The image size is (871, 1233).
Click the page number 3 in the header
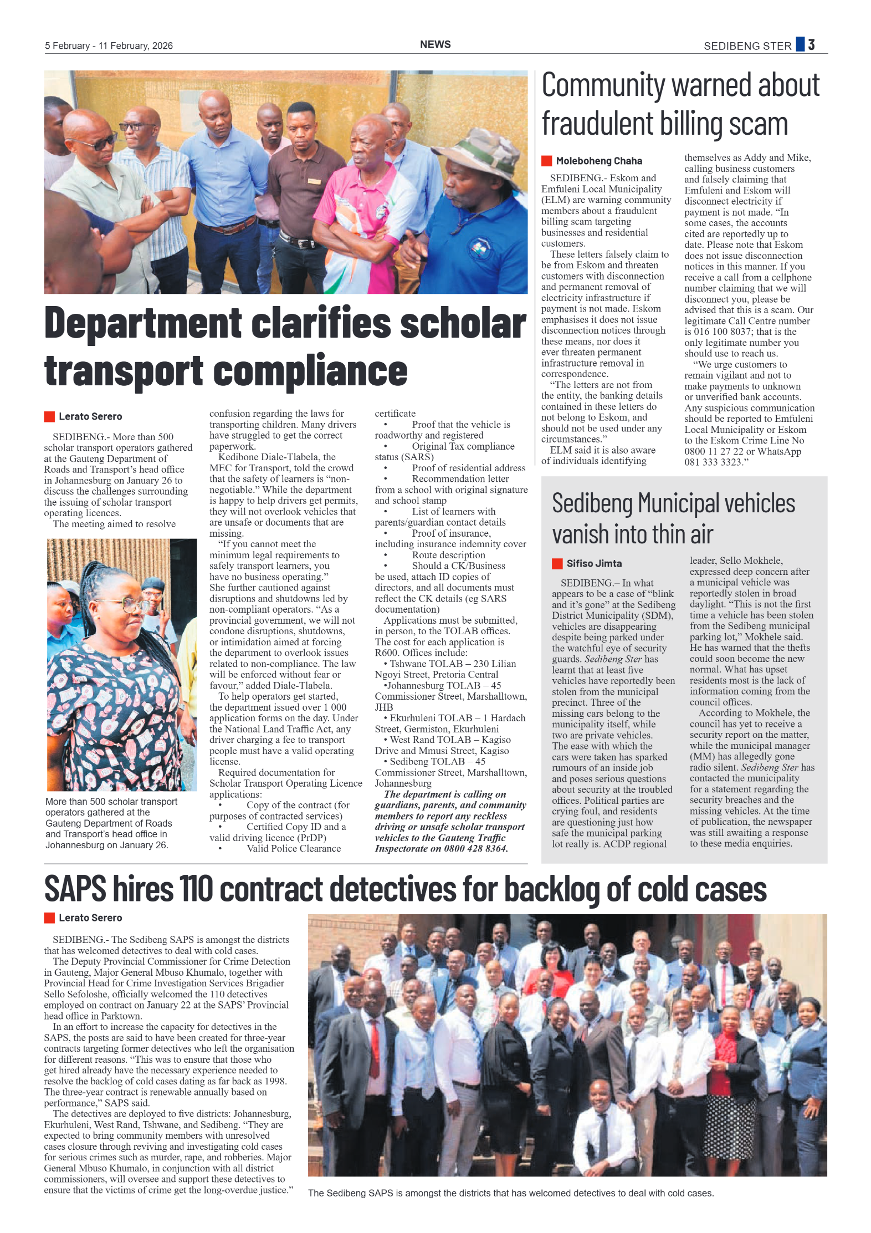coord(811,44)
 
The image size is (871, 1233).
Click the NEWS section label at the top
coord(435,44)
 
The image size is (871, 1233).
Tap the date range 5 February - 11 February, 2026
coord(109,45)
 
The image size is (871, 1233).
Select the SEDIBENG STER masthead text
coord(747,46)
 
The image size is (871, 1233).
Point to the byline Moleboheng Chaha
coord(598,161)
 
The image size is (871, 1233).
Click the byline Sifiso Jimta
coord(593,563)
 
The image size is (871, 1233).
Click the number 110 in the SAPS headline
coord(196,889)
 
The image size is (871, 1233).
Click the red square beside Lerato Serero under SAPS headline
coord(49,918)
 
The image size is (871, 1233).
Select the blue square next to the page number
coord(800,44)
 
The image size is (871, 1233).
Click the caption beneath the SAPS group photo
coord(510,1193)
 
